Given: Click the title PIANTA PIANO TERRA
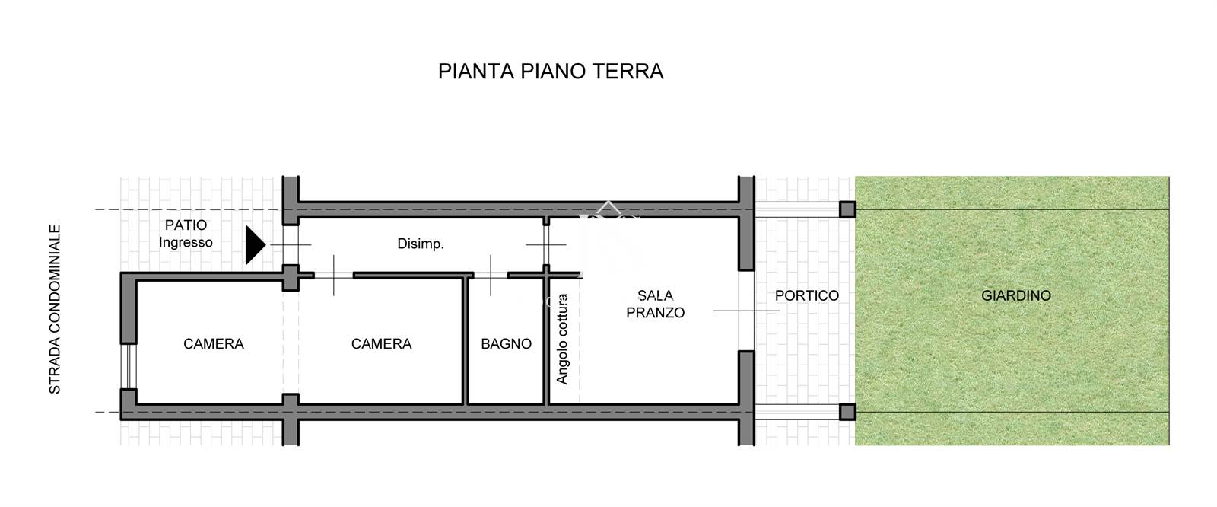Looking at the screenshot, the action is pyautogui.click(x=551, y=72).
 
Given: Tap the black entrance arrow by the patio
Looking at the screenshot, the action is pyautogui.click(x=255, y=245).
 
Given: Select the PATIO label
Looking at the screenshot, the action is pyautogui.click(x=186, y=225).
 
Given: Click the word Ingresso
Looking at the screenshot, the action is pyautogui.click(x=186, y=243).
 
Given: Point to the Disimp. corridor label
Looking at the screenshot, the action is pyautogui.click(x=421, y=244).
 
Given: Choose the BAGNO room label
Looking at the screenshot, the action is pyautogui.click(x=506, y=344).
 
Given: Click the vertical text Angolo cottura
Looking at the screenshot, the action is pyautogui.click(x=562, y=339).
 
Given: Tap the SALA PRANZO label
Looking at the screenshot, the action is pyautogui.click(x=655, y=304).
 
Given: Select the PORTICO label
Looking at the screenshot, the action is pyautogui.click(x=807, y=295).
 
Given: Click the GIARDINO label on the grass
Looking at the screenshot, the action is pyautogui.click(x=1016, y=295).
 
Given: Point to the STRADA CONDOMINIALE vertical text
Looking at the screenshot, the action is pyautogui.click(x=55, y=310).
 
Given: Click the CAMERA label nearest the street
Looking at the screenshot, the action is pyautogui.click(x=214, y=344).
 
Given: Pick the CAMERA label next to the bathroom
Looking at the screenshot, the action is pyautogui.click(x=381, y=344).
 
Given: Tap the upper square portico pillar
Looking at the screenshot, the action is pyautogui.click(x=847, y=209).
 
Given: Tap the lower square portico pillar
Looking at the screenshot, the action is pyautogui.click(x=847, y=412).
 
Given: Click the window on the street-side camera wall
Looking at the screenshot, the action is pyautogui.click(x=129, y=367).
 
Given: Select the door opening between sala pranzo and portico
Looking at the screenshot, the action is pyautogui.click(x=746, y=311).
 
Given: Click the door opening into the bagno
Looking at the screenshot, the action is pyautogui.click(x=491, y=276).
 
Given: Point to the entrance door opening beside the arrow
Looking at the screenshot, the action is pyautogui.click(x=291, y=245).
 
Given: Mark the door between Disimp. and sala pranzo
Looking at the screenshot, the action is pyautogui.click(x=546, y=245).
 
